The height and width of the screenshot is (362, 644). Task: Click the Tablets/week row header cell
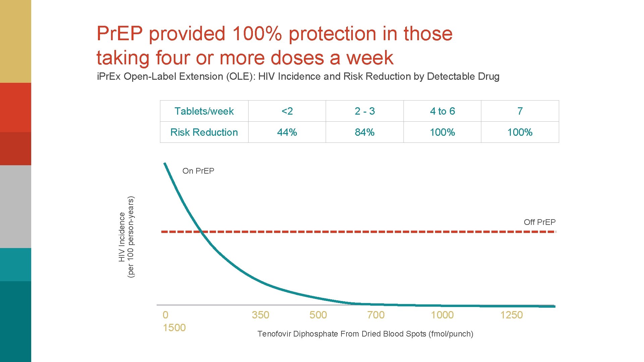pos(204,111)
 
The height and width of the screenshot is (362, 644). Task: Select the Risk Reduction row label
pos(204,132)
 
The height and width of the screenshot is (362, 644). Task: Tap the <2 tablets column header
pos(287,111)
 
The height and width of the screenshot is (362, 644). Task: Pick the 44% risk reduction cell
pos(287,132)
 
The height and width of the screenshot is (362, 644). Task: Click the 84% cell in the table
pos(365,132)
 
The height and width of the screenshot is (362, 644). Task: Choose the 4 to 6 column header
pos(442,111)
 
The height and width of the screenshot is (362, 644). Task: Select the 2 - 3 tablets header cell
pos(365,111)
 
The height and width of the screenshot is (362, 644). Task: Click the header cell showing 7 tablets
pos(520,111)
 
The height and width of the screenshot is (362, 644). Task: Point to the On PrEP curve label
pos(198,171)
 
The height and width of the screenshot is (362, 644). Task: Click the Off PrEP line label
pos(539,222)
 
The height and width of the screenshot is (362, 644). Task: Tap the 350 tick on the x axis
pos(260,315)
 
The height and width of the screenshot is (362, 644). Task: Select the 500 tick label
pos(318,315)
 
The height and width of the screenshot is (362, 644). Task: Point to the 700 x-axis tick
pos(376,315)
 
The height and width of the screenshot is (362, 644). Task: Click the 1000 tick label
pos(442,315)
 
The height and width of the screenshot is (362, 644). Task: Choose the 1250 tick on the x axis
pos(512,315)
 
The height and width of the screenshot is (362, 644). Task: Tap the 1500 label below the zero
pos(174,327)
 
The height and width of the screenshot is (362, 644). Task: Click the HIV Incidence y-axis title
pos(126,237)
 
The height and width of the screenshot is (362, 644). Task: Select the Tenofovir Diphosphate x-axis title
pos(365,334)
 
